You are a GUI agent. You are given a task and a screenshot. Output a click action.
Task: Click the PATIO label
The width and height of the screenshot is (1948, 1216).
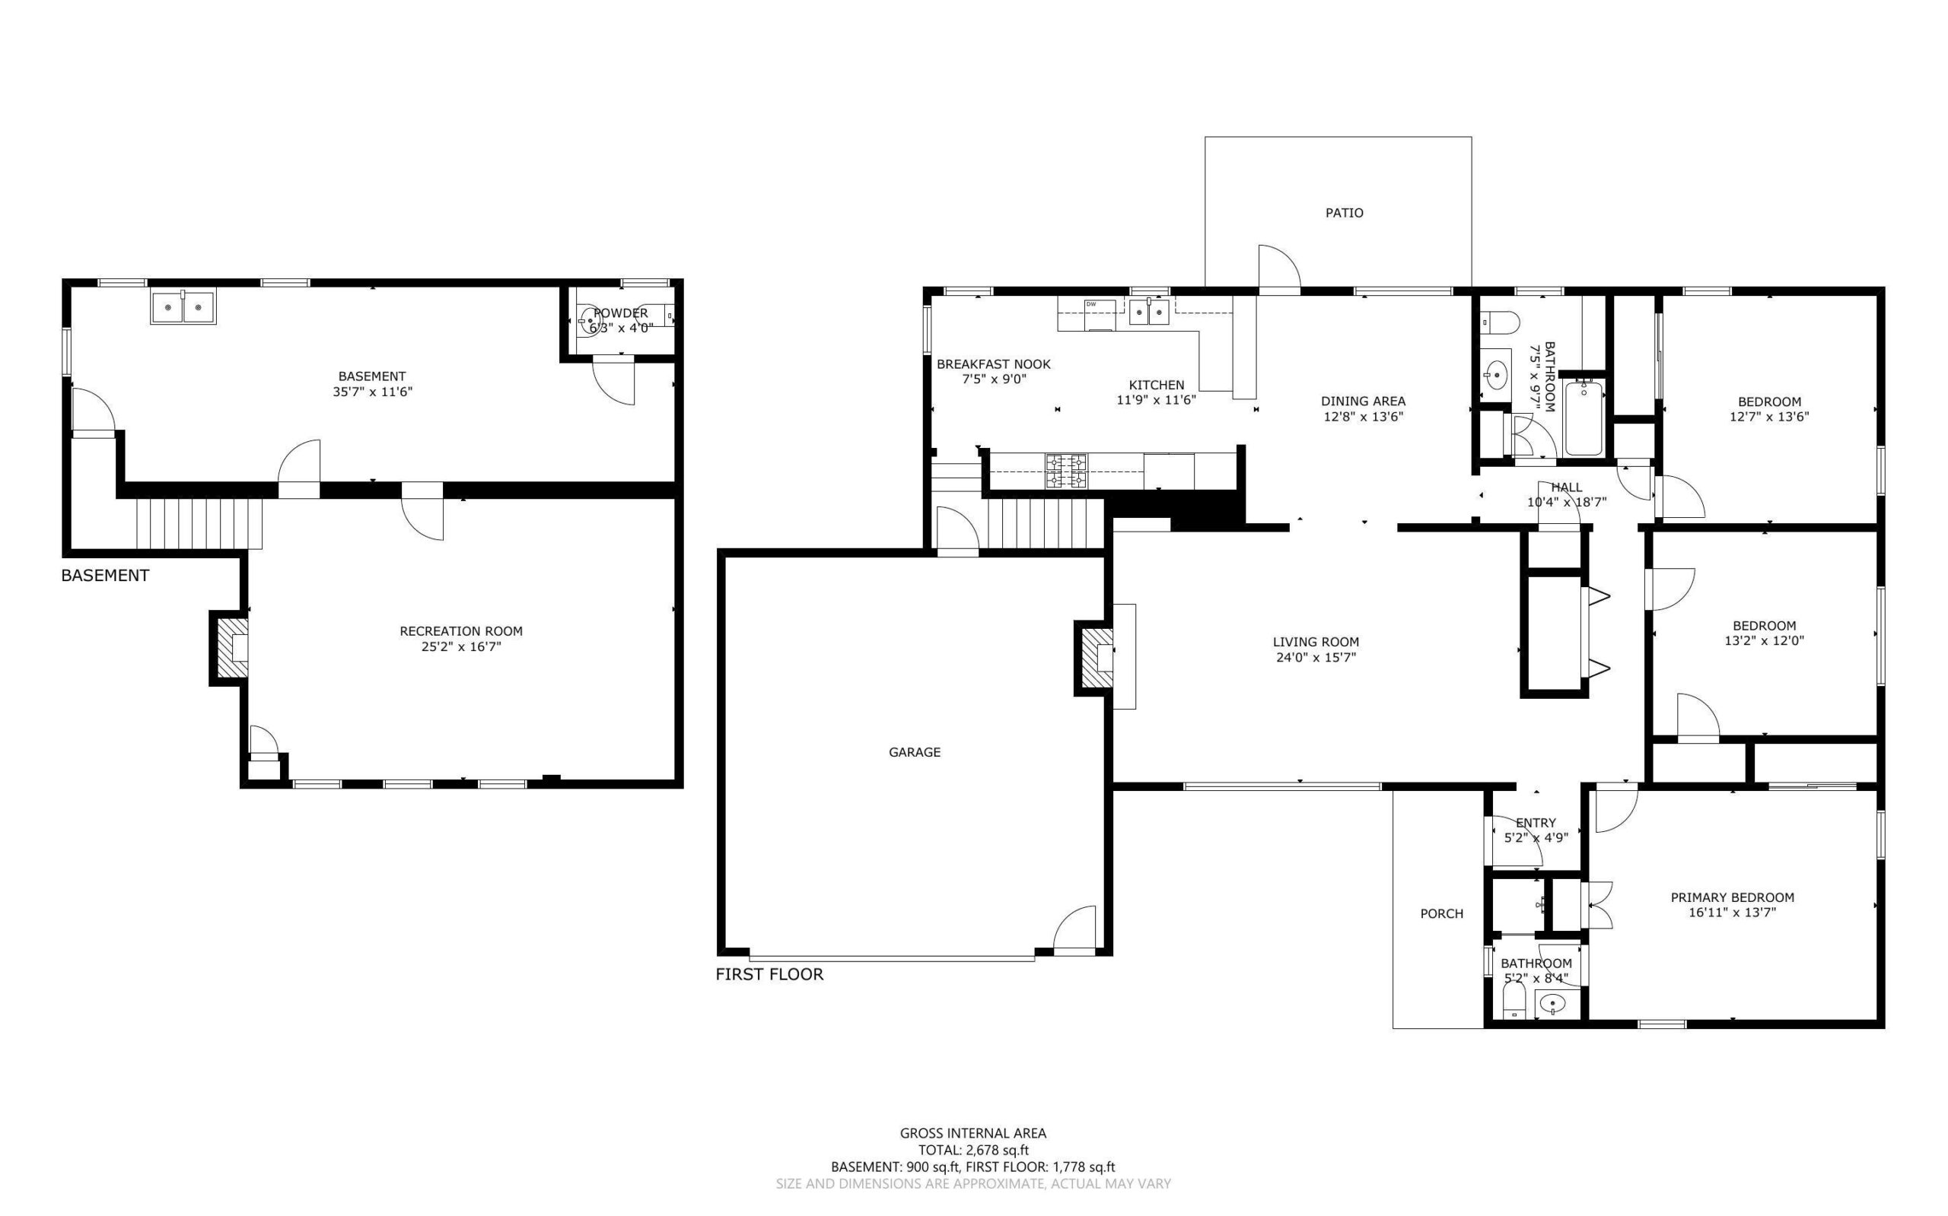tap(1344, 213)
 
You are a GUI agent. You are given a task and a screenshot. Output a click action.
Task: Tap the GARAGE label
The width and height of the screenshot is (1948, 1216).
tap(914, 752)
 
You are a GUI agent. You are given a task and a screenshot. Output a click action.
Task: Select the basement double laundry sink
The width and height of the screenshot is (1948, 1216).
tap(183, 308)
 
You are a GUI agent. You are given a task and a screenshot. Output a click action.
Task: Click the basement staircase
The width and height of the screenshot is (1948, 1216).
tap(199, 522)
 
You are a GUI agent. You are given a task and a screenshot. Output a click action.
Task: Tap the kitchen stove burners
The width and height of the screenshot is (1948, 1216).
tap(1065, 471)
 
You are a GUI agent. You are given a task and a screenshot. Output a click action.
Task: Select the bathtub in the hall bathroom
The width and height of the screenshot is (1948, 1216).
tap(1584, 418)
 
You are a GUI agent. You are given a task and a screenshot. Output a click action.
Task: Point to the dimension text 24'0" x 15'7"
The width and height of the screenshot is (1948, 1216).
tap(1316, 657)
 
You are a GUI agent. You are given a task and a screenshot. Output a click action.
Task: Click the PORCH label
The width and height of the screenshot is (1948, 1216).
tap(1441, 913)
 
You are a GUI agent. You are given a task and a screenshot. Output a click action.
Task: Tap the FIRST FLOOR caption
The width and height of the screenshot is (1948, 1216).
tap(769, 975)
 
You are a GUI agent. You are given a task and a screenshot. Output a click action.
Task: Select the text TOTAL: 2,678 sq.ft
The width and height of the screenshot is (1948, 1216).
tap(972, 1150)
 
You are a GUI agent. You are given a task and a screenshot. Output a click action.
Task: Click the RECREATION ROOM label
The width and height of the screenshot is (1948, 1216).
tap(461, 631)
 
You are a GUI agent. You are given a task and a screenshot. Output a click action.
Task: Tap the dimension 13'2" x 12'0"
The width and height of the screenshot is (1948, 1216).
tap(1764, 641)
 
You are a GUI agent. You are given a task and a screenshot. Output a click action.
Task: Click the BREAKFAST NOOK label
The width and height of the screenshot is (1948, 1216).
tap(993, 364)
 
